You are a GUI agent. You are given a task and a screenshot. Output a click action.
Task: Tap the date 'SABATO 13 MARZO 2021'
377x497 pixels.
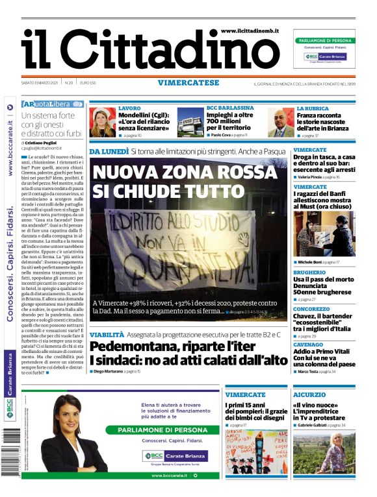click(x=40, y=83)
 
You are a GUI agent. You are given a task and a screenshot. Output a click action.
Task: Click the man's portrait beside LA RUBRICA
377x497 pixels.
click(x=280, y=122)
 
